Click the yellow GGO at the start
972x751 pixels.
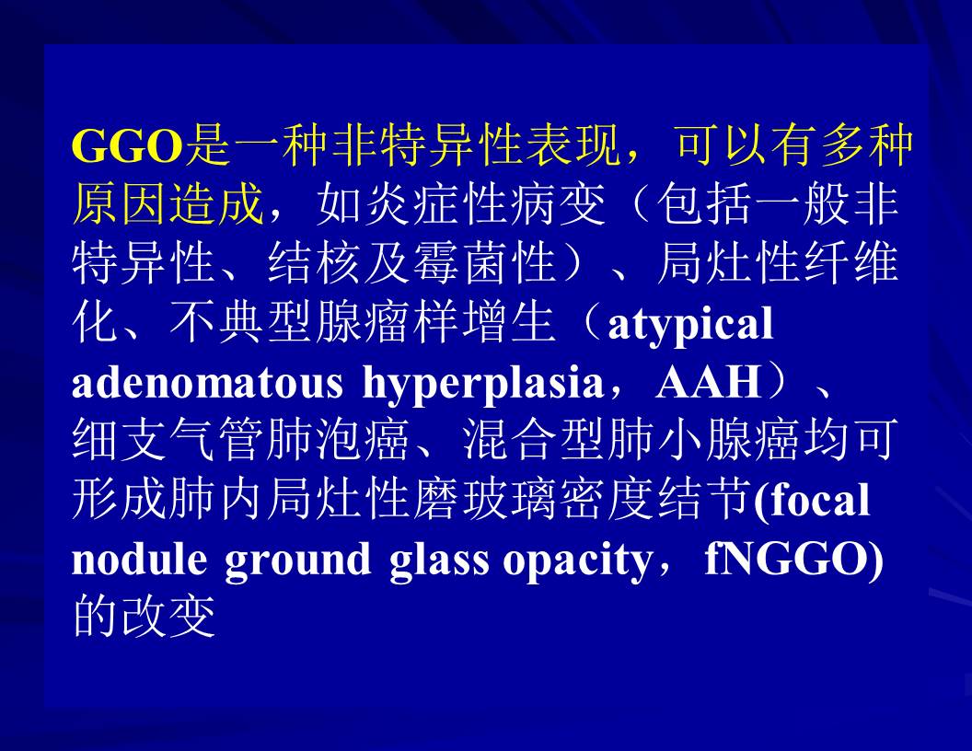(x=128, y=146)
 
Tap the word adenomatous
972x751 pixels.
(x=208, y=382)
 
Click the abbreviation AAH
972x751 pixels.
(x=709, y=382)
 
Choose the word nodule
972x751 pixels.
(x=140, y=559)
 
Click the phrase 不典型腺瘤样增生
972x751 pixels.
(x=362, y=323)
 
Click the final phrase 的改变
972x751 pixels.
(x=144, y=617)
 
